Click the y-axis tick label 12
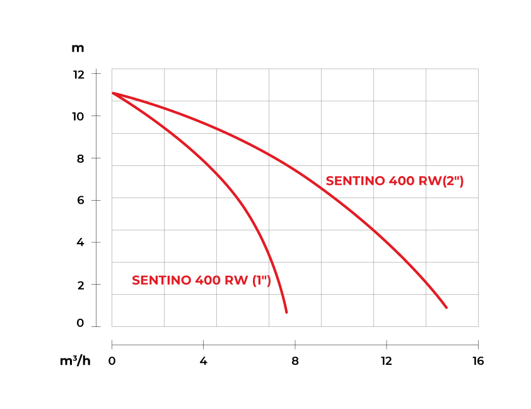pos(78,74)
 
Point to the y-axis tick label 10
pos(78,116)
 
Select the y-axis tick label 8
pos(80,158)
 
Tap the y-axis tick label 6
pos(80,201)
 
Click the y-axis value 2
pos(80,285)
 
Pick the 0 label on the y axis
pos(80,323)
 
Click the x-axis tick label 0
pos(112,361)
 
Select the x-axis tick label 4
pos(203,361)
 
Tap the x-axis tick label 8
pos(295,361)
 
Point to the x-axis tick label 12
pos(386,361)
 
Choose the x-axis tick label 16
pos(477,361)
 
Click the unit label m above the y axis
pos(78,48)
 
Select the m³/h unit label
pos(75,361)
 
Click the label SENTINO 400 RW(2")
pos(395,181)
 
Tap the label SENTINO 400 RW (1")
pos(201,280)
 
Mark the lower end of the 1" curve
pos(286,312)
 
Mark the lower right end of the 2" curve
pos(446,307)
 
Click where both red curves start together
pos(113,93)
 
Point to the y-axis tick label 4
pos(80,243)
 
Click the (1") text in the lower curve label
pos(261,280)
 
